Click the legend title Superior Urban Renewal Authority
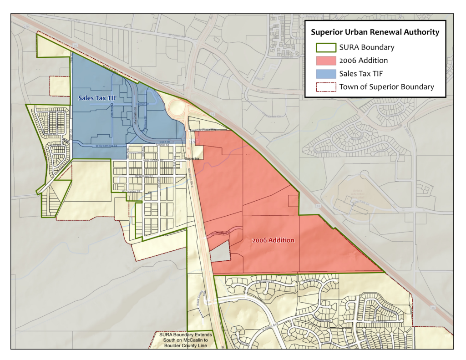tap(375, 32)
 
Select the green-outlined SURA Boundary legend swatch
tap(325, 47)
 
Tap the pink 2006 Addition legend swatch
tap(325, 61)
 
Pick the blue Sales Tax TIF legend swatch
tap(325, 74)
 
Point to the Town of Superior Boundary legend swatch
tap(325, 87)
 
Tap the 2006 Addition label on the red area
tap(273, 240)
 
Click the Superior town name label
tap(192, 158)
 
